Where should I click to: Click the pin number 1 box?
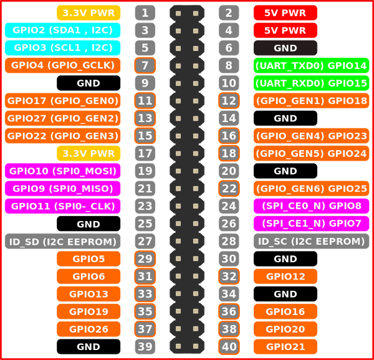(x=145, y=12)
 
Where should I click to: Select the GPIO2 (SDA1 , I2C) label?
(x=62, y=31)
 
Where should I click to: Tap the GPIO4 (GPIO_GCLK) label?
(x=62, y=65)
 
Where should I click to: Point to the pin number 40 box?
(x=229, y=346)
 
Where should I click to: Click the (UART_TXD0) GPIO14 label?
(x=311, y=65)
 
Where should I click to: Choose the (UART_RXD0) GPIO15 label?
(x=311, y=83)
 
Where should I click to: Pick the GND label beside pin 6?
(x=285, y=48)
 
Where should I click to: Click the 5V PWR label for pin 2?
(x=285, y=12)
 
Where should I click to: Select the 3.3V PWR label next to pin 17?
(x=89, y=153)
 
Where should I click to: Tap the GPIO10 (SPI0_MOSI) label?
(x=62, y=171)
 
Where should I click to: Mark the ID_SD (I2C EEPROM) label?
(x=62, y=241)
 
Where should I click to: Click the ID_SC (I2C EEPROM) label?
(x=311, y=241)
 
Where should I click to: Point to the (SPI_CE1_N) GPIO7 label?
(x=311, y=224)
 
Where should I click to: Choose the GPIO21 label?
(x=285, y=346)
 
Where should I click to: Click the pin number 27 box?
(x=145, y=241)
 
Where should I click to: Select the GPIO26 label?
(x=89, y=329)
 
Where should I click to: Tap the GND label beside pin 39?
(x=89, y=346)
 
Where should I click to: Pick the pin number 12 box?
(x=229, y=100)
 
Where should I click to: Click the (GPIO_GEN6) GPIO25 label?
(x=311, y=189)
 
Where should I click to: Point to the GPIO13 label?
(x=89, y=294)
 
